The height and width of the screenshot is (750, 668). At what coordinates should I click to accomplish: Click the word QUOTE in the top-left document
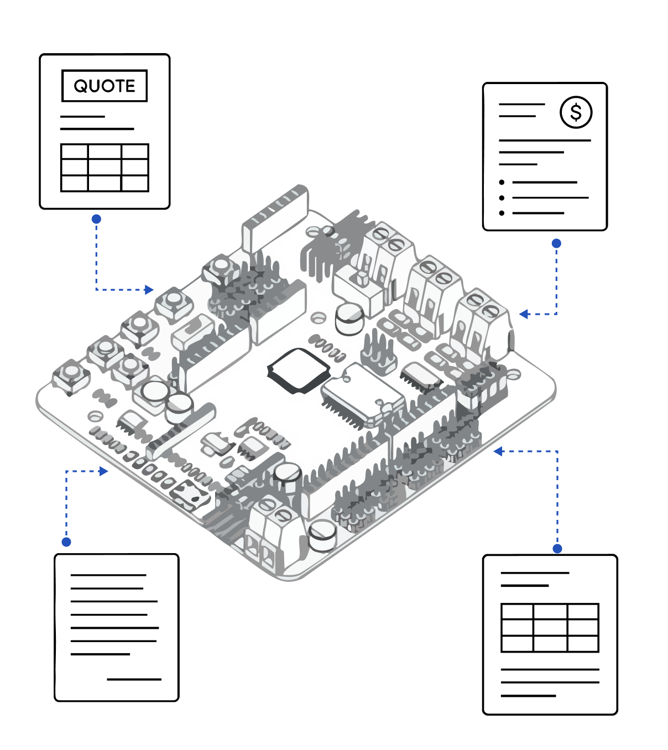(x=105, y=86)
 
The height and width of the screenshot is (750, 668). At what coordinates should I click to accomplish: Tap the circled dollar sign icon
(x=576, y=112)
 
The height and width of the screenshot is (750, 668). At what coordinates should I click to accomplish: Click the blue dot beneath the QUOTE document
(x=96, y=219)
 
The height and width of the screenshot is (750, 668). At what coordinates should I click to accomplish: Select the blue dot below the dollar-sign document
(x=556, y=243)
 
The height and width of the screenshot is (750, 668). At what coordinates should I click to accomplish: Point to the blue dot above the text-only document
(x=66, y=541)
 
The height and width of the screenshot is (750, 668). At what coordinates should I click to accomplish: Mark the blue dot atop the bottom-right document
(x=557, y=548)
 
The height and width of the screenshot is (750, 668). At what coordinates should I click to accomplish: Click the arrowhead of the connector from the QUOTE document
(x=149, y=289)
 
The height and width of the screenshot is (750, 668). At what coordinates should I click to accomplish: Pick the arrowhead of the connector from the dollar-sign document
(x=523, y=314)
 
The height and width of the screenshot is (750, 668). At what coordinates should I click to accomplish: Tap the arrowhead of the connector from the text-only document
(x=104, y=471)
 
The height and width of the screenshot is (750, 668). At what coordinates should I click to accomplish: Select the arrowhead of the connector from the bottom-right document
(x=498, y=451)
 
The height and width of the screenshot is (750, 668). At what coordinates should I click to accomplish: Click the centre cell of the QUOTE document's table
(x=105, y=168)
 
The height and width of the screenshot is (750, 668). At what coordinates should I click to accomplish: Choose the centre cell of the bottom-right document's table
(x=550, y=628)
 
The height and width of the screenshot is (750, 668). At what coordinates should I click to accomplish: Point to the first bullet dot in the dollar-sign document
(x=502, y=182)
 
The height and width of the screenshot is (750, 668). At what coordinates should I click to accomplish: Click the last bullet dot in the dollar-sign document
(x=502, y=213)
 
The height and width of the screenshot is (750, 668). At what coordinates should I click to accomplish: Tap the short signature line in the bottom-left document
(x=134, y=679)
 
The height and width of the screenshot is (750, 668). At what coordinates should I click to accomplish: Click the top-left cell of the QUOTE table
(x=75, y=152)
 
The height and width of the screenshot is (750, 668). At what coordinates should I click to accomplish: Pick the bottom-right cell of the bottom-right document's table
(x=583, y=644)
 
